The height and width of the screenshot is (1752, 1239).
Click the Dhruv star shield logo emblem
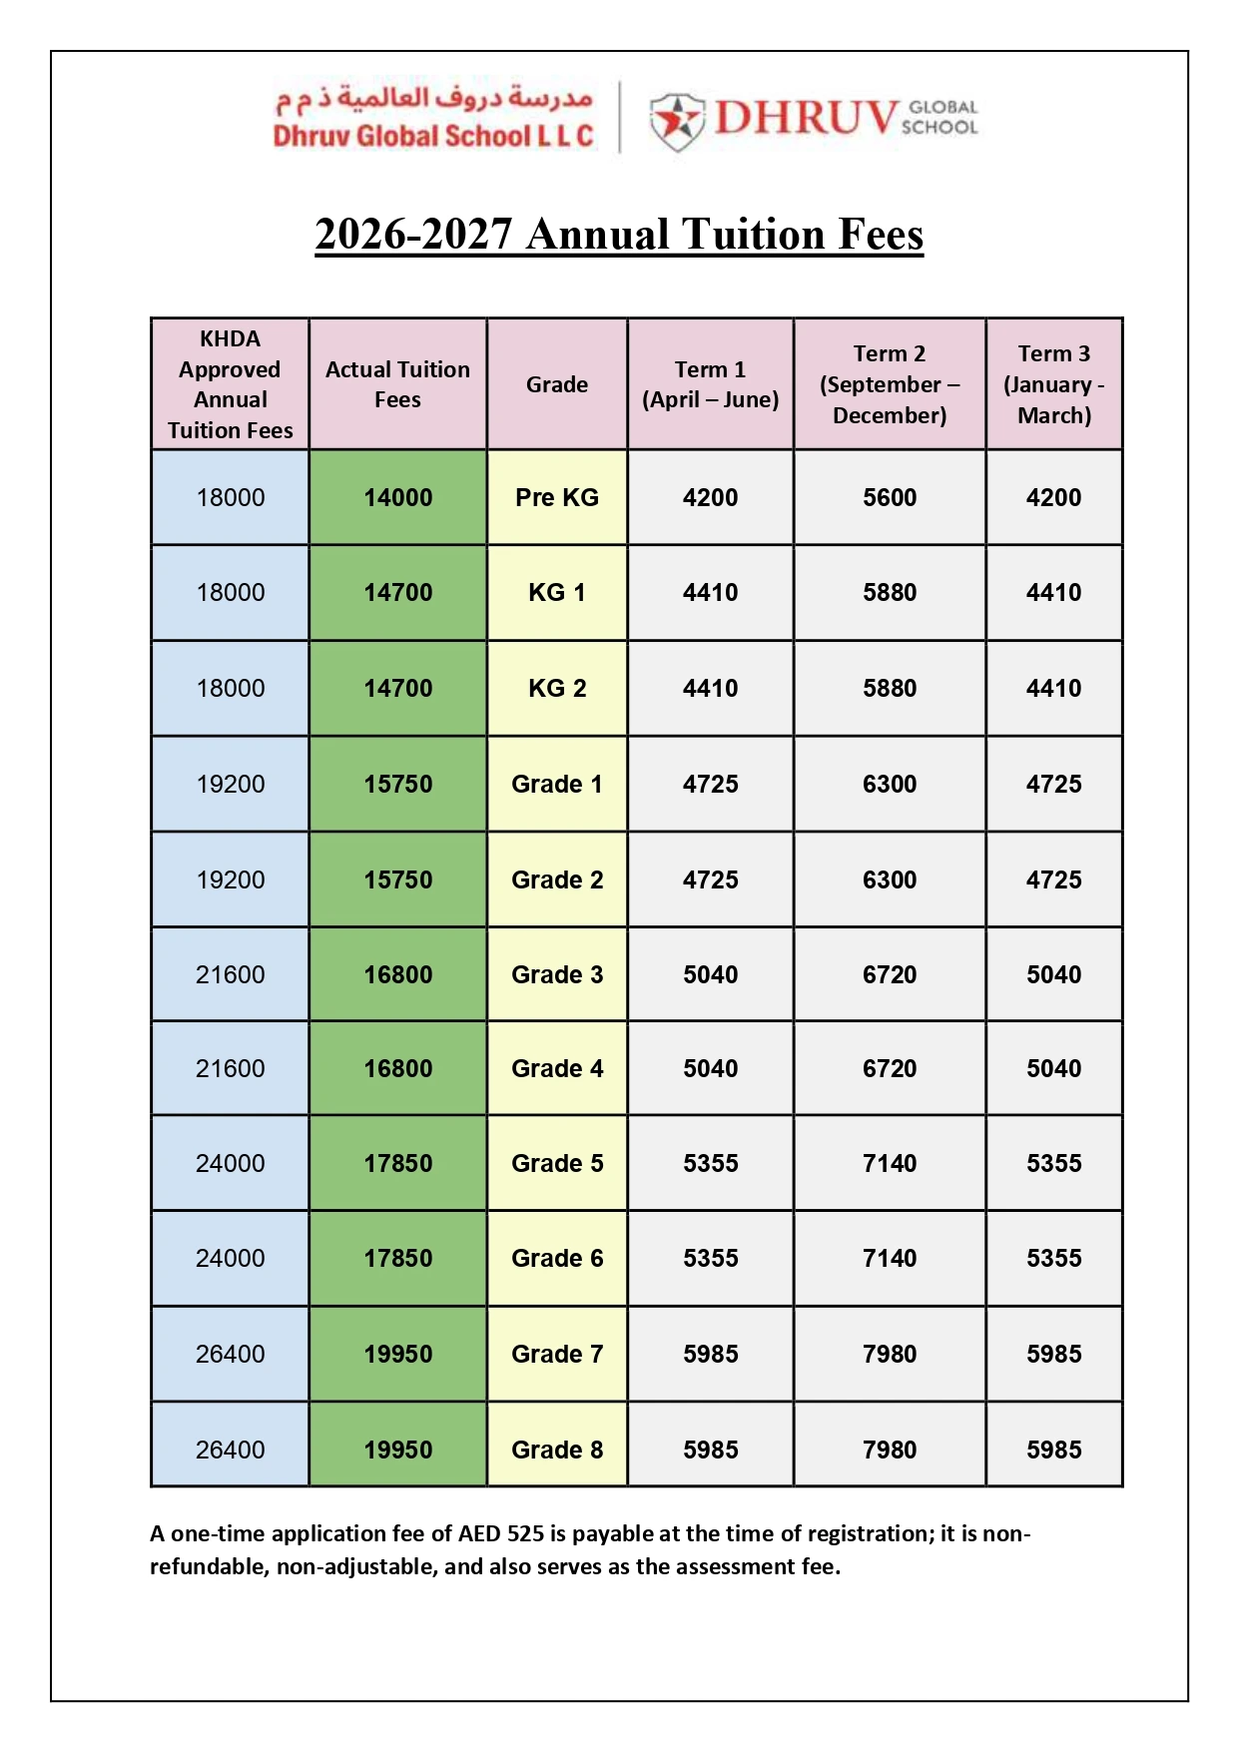pyautogui.click(x=677, y=120)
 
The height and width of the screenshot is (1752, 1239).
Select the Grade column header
pyautogui.click(x=557, y=384)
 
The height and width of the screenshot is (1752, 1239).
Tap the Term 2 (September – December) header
pyautogui.click(x=890, y=384)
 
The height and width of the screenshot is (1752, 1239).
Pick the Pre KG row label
pyautogui.click(x=557, y=497)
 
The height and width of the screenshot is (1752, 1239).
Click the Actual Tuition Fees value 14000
pyautogui.click(x=398, y=497)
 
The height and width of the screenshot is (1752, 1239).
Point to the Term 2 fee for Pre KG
pyautogui.click(x=890, y=497)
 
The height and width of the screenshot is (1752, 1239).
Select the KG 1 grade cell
pyautogui.click(x=557, y=592)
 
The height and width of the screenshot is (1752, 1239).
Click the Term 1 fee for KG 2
pyautogui.click(x=711, y=688)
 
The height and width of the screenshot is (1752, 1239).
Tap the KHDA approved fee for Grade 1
pyautogui.click(x=231, y=784)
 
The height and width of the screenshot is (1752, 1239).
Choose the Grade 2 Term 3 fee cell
pyautogui.click(x=1054, y=879)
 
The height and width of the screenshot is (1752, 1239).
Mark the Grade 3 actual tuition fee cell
pyautogui.click(x=398, y=974)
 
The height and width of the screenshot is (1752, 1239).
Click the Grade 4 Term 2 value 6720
pyautogui.click(x=890, y=1068)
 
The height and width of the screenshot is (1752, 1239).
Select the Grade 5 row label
pyautogui.click(x=557, y=1163)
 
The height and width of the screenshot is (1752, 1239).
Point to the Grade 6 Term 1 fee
pyautogui.click(x=711, y=1258)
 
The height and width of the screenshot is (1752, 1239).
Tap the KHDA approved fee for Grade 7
pyautogui.click(x=231, y=1354)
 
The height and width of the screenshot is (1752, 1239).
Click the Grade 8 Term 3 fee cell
pyautogui.click(x=1054, y=1450)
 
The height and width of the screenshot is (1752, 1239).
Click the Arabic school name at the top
pyautogui.click(x=434, y=98)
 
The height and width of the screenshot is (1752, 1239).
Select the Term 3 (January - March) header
pyautogui.click(x=1054, y=384)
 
